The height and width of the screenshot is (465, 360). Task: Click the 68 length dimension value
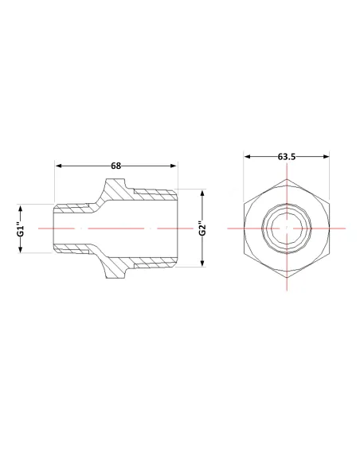pos(116,166)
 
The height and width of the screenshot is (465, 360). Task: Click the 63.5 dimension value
pos(287,157)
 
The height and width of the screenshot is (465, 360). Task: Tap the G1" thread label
pos(20,229)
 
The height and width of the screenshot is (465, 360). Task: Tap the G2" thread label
pos(202,229)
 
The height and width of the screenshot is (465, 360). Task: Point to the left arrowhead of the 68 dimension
pos(59,166)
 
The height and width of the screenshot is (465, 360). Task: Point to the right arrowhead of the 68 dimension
pos(174,166)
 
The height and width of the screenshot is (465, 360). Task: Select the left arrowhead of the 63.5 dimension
pos(248,157)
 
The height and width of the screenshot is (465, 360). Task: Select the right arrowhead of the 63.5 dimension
pos(327,157)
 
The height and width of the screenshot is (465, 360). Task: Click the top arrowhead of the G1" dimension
pos(20,208)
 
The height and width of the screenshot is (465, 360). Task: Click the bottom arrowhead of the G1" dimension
pos(20,249)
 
